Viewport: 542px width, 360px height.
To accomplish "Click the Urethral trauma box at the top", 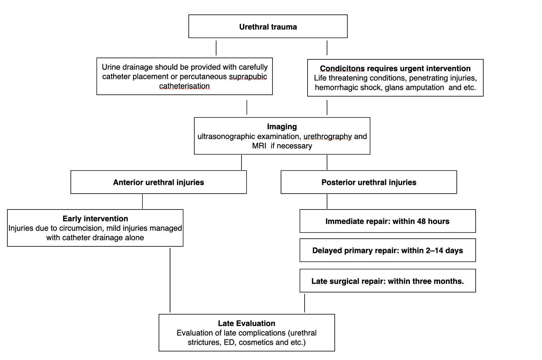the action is coord(268,26).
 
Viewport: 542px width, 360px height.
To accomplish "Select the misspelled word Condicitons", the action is coord(342,69).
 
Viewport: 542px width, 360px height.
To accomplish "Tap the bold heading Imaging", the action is coord(282,127).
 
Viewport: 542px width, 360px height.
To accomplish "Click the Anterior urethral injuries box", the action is coord(159,182).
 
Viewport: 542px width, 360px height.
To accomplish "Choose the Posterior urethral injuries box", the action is coord(369,182).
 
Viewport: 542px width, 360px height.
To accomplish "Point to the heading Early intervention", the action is coord(95,219).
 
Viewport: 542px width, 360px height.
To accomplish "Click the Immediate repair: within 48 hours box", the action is coord(388,221).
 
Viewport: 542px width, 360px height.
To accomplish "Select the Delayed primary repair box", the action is coord(388,250).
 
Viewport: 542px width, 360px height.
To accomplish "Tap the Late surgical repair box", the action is coord(388,281).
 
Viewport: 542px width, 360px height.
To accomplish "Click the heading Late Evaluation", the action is coord(247,323).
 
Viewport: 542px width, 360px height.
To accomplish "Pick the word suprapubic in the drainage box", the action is coord(248,77).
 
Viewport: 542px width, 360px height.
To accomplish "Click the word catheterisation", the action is coord(184,86).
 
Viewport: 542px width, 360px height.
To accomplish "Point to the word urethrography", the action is coord(328,136).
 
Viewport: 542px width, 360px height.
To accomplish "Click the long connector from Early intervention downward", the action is coord(170,280).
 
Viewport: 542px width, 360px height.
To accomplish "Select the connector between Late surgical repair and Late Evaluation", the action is coord(305,303).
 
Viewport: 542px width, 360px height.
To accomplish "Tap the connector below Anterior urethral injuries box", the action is coord(142,201).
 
